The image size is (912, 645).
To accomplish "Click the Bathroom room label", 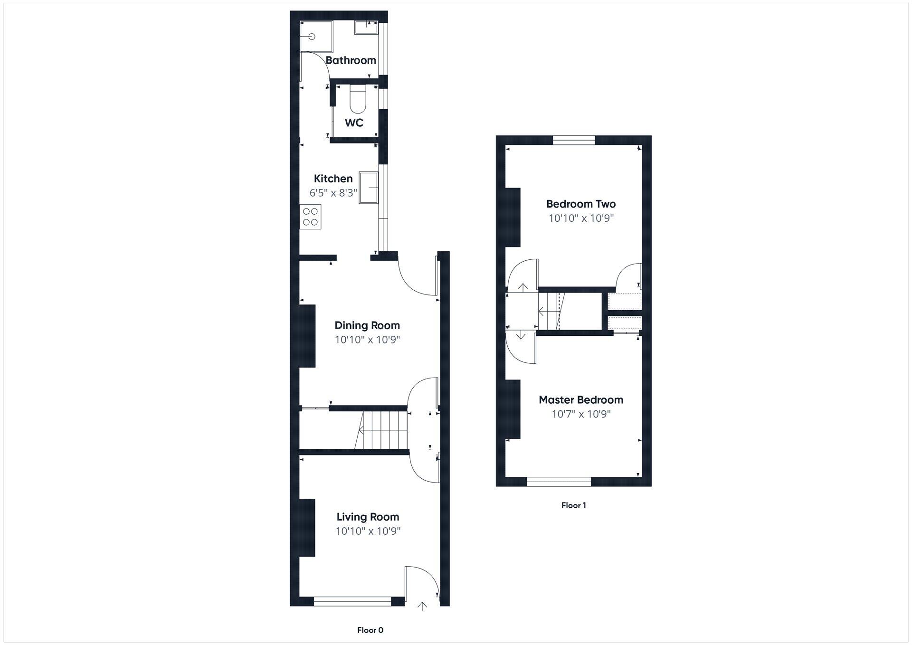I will pos(351,60).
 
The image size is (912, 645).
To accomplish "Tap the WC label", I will pos(354,123).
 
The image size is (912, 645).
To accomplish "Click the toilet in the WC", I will pos(357,100).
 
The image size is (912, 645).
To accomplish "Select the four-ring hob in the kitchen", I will pos(311,217).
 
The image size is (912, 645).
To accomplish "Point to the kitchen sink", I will pos(369,188).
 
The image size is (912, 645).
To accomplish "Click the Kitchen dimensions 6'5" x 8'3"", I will pos(333,193).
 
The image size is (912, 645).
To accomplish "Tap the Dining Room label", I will pos(367,325).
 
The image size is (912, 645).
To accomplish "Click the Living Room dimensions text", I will pos(368,531).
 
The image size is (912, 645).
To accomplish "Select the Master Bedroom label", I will pos(581,400).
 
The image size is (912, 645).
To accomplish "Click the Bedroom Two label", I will pos(581,204).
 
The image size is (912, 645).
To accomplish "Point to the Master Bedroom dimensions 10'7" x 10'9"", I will pos(581,414).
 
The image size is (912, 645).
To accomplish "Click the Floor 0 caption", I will pos(370,630).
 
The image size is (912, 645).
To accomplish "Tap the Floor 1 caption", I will pos(573,505).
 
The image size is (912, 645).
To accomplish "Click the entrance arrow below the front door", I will pos(422,606).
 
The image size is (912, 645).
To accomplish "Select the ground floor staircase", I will pos(382,430).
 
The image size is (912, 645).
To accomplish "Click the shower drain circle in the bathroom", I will pos(312,37).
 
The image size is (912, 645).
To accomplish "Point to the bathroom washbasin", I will pos(366,28).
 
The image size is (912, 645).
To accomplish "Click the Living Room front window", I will pos(352,601).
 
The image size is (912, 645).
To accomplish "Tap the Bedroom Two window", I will pos(574,140).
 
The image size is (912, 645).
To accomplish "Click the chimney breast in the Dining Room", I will pos(307,336).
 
